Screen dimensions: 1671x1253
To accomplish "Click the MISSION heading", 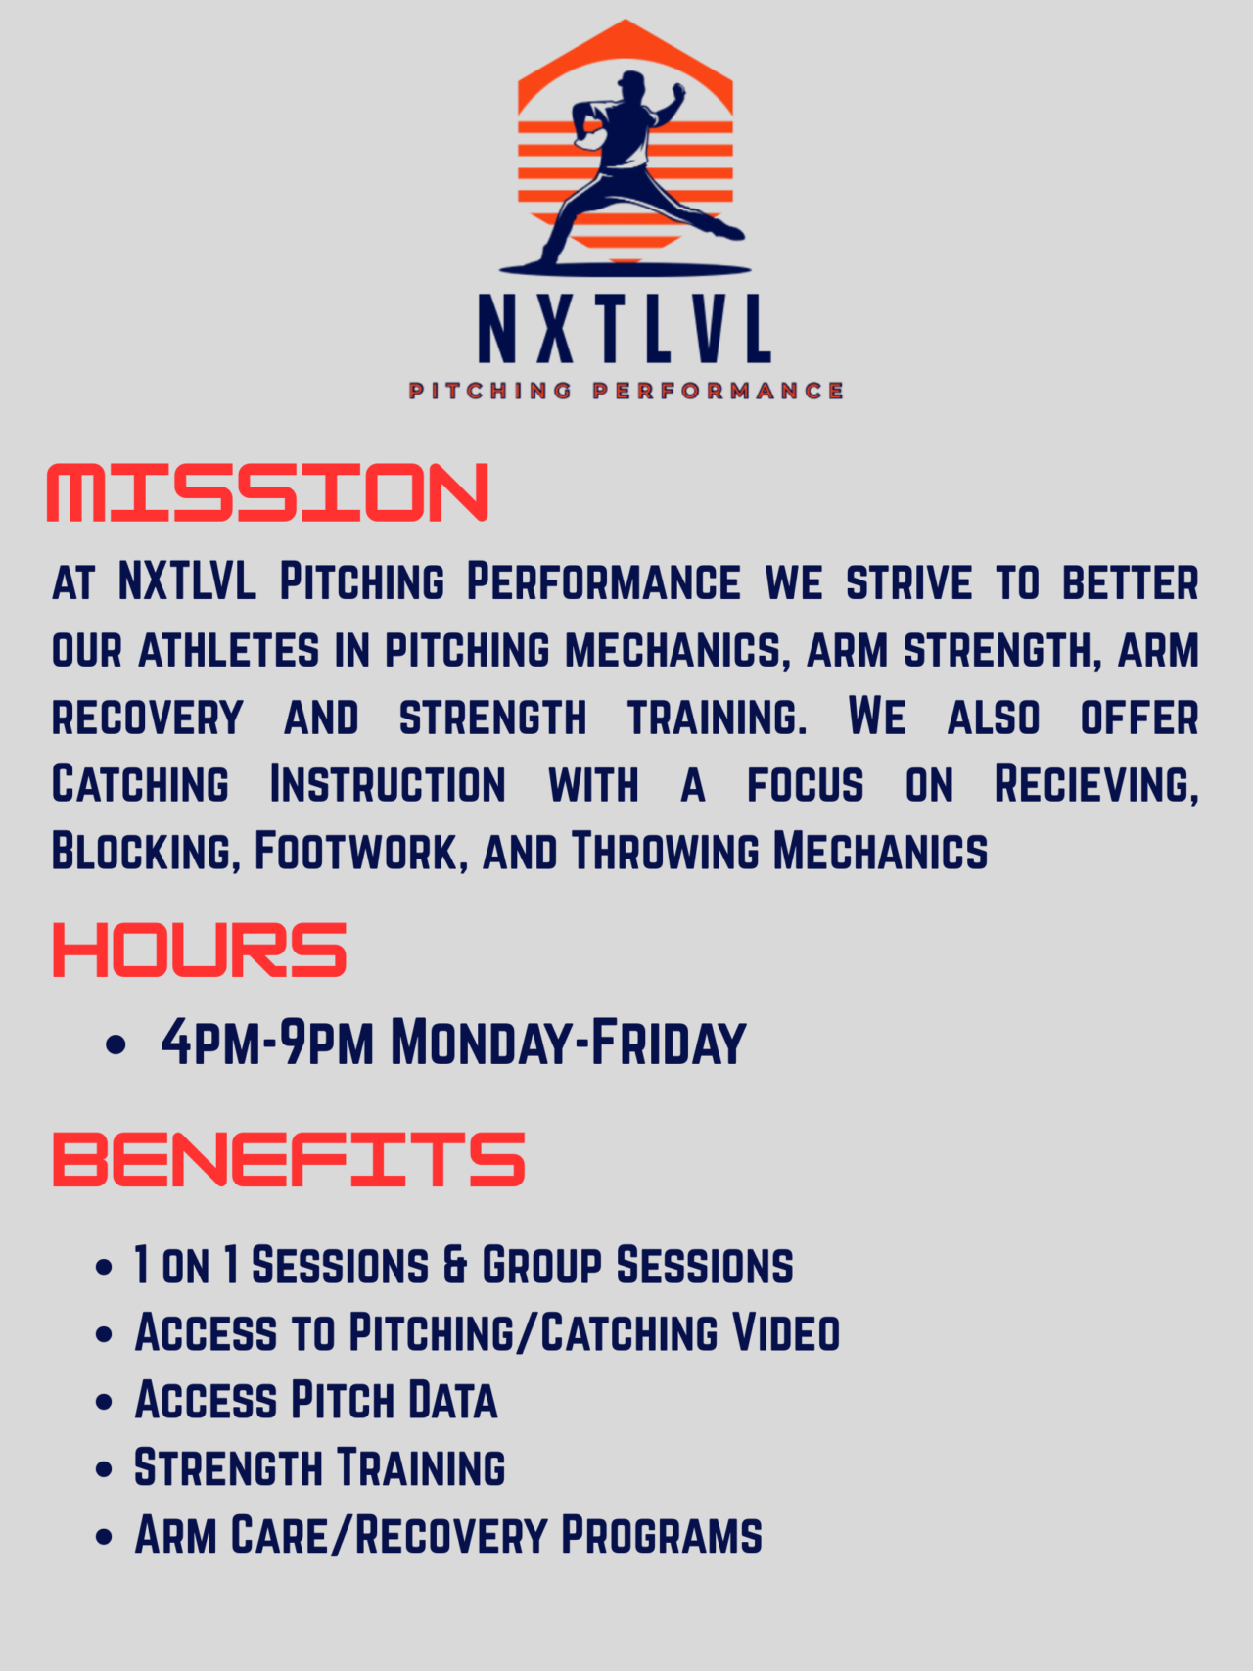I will (266, 492).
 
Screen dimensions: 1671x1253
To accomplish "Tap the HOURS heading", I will (199, 950).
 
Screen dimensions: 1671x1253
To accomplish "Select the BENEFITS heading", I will (288, 1160).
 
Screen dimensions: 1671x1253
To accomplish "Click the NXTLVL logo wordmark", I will (625, 330).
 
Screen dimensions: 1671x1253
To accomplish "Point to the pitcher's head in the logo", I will (631, 82).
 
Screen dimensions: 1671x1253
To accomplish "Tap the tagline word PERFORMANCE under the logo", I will (718, 392).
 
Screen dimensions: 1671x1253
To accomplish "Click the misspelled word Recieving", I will (1095, 785).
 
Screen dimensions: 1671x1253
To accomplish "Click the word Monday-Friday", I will (568, 1044).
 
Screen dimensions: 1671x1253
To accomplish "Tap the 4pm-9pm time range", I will (267, 1044).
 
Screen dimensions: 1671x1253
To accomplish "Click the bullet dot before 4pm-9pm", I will (116, 1044).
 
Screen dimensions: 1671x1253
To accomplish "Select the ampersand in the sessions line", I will (455, 1266).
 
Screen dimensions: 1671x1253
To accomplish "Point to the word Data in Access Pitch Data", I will (452, 1401).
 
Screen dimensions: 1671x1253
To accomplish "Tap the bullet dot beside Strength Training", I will (105, 1469).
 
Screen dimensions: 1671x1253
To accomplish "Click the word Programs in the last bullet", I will (661, 1536).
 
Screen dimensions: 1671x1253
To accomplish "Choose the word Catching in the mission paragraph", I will (140, 785).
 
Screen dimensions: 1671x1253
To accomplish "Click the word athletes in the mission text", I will (229, 651).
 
